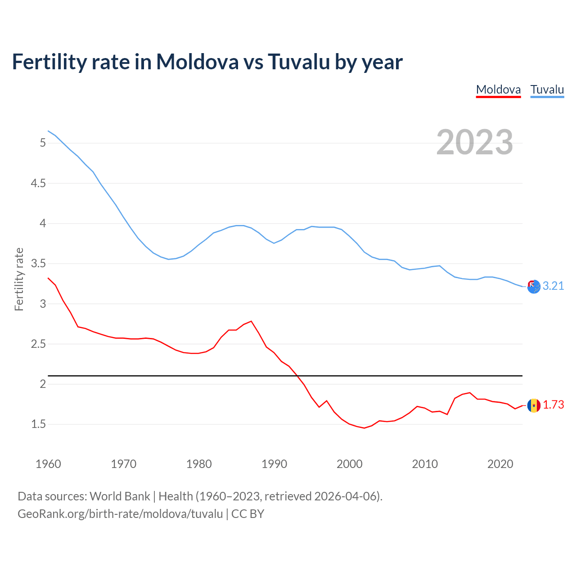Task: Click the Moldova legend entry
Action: pyautogui.click(x=498, y=90)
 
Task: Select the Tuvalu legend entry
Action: pyautogui.click(x=547, y=90)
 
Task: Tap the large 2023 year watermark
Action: pyautogui.click(x=474, y=142)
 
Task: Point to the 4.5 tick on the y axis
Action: pyautogui.click(x=38, y=183)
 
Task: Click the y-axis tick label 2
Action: pyautogui.click(x=43, y=384)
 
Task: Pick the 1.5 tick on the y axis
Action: pyautogui.click(x=38, y=424)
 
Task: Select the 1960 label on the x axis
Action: pyautogui.click(x=48, y=464)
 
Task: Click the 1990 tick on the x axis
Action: pyautogui.click(x=274, y=464)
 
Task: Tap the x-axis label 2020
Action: pyautogui.click(x=500, y=464)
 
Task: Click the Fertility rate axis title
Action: pyautogui.click(x=19, y=279)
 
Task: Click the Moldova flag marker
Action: pyautogui.click(x=534, y=405)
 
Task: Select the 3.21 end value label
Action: pyautogui.click(x=553, y=286)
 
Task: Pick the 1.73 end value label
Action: pyautogui.click(x=553, y=405)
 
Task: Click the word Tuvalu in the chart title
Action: pyautogui.click(x=299, y=62)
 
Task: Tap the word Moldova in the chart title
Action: pyautogui.click(x=197, y=62)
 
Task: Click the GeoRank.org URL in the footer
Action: pyautogui.click(x=120, y=514)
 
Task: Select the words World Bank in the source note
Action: pyautogui.click(x=120, y=496)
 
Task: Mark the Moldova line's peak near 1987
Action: pyautogui.click(x=251, y=321)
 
